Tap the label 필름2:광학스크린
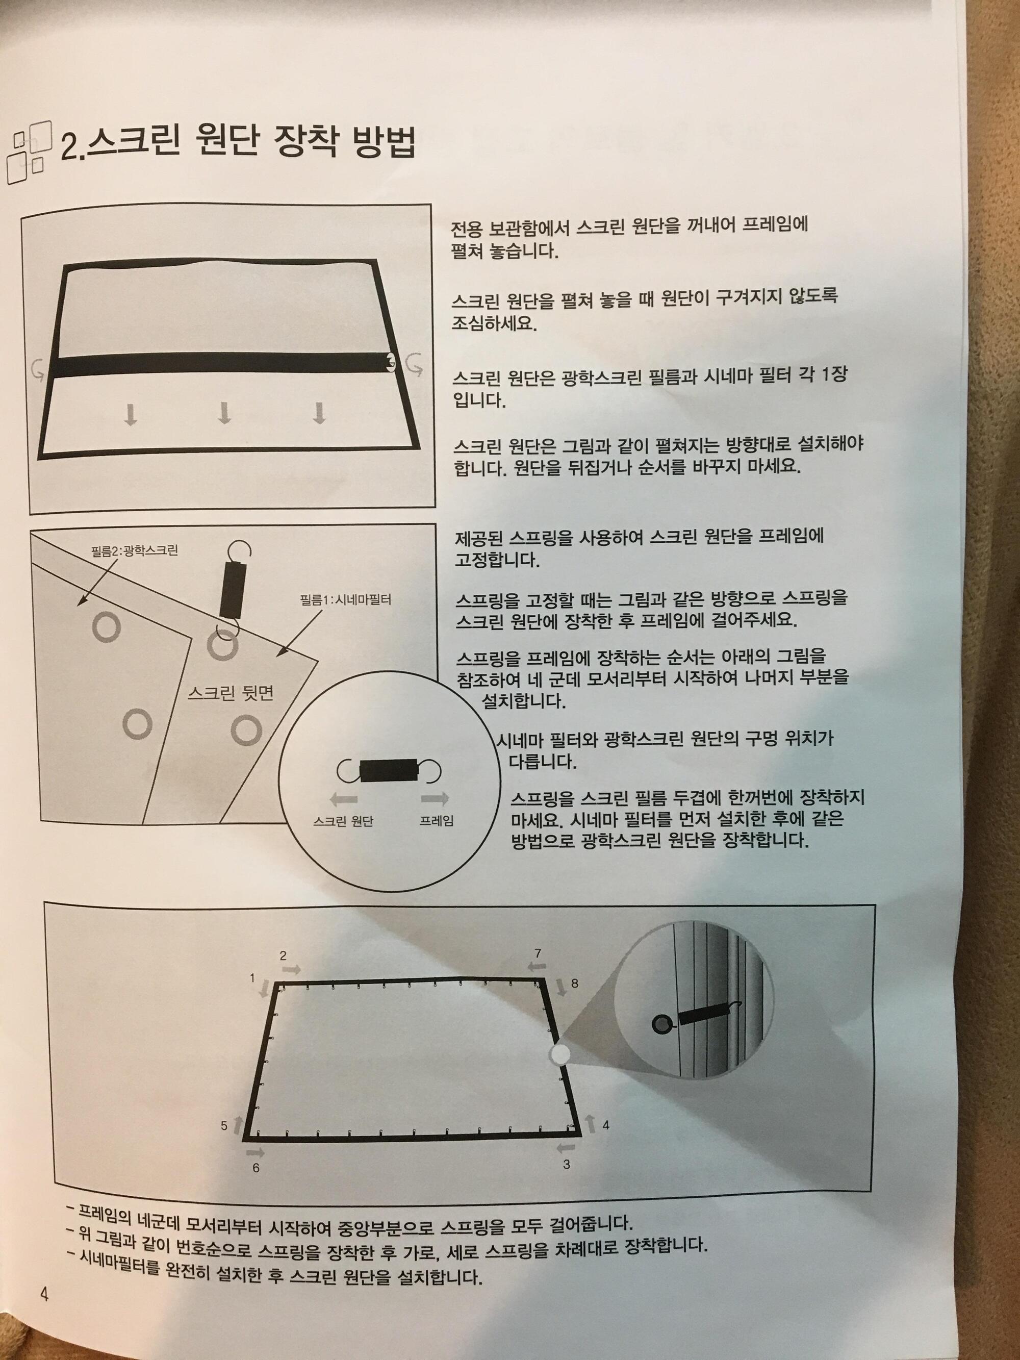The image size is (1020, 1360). coord(135,550)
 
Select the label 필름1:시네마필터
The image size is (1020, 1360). coord(346,599)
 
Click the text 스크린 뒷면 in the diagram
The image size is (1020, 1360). coord(230,694)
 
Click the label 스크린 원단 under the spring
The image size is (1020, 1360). coord(343,821)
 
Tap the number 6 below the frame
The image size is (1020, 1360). coord(257,1168)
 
